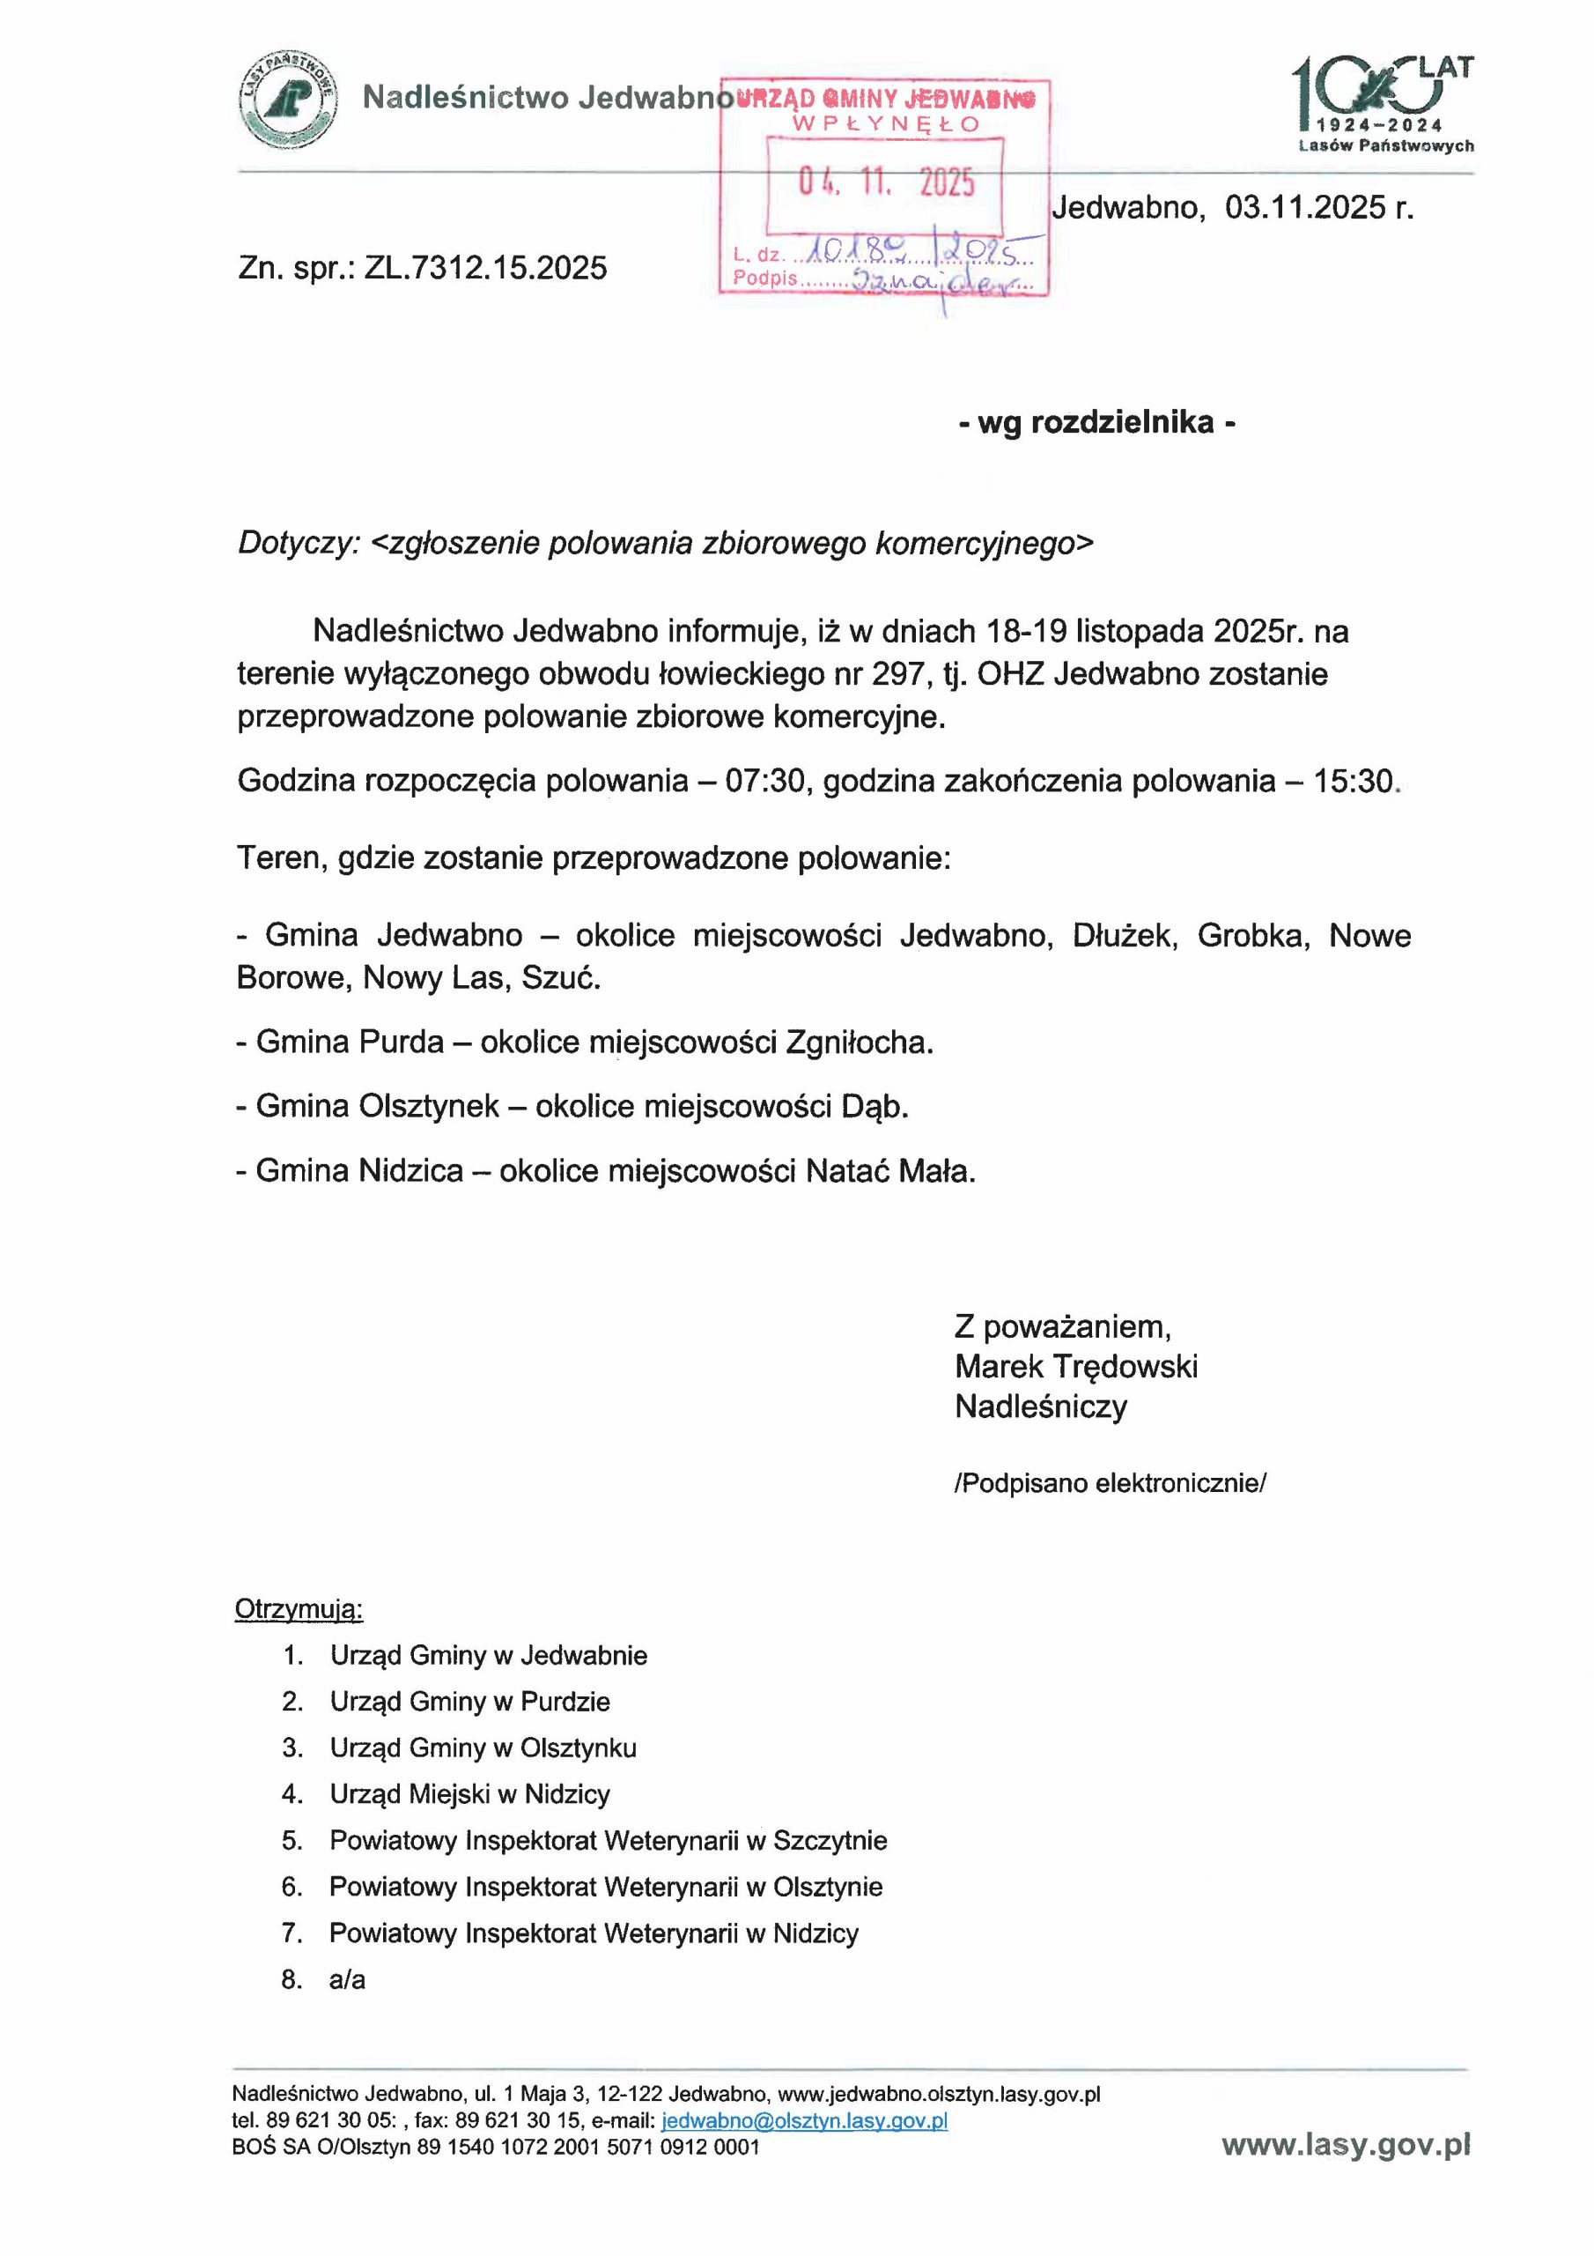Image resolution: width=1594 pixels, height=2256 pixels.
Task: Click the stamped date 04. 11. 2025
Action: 886,182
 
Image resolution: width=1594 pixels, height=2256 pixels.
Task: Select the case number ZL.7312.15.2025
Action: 485,268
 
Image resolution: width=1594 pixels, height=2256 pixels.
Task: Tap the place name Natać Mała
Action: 889,1171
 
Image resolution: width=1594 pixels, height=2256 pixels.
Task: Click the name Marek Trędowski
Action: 1075,1367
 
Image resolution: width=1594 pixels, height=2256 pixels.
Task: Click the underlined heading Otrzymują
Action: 299,1609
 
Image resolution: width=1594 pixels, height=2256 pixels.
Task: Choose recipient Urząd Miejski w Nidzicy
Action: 469,1794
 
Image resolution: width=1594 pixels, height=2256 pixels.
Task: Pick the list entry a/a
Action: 347,1980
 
